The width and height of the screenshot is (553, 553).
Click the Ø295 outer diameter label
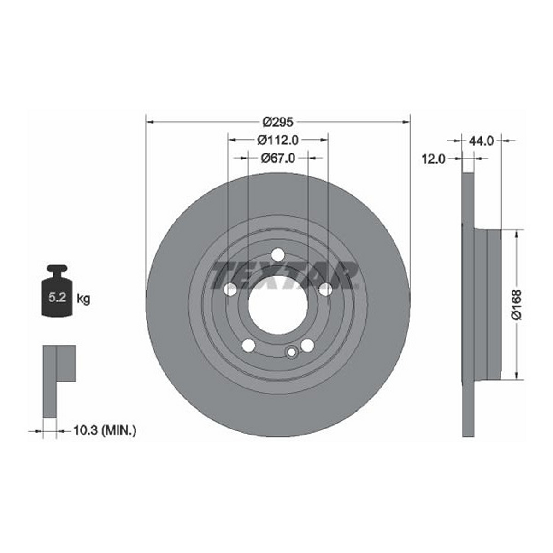pos(278,122)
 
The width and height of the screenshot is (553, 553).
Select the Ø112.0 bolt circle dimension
pos(278,140)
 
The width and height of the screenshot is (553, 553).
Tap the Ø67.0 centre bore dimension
pos(278,158)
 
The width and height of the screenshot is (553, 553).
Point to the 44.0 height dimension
pos(481,141)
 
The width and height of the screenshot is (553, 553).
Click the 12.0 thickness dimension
pos(434,159)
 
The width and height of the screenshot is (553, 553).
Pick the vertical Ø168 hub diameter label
pos(517,305)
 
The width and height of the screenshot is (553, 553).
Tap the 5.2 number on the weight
pos(58,297)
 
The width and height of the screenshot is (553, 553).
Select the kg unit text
pos(83,299)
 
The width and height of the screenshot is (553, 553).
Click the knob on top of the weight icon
pos(58,270)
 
